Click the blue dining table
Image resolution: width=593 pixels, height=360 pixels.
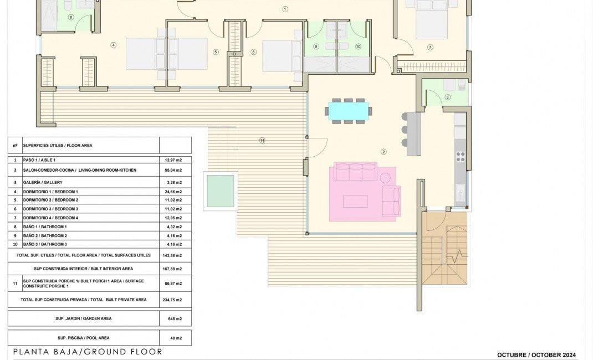347,110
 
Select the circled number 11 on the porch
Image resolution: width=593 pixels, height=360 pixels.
262,140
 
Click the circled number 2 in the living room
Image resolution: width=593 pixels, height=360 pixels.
383,151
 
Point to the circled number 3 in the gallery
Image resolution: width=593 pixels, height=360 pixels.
447,97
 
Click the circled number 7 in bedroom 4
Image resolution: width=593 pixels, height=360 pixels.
430,47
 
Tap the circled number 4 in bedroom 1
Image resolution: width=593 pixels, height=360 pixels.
113,45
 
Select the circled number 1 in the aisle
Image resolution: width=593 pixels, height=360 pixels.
285,9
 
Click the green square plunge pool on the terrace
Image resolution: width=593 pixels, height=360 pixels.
220,191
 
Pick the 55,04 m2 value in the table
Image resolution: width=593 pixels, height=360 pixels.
175,170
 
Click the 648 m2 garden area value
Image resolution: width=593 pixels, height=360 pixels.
175,318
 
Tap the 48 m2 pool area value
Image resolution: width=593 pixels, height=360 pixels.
175,337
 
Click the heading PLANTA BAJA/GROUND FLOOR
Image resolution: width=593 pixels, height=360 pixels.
88,352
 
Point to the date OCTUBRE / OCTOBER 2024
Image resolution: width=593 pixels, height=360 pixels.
536,355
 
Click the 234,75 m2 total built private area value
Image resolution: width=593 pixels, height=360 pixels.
175,300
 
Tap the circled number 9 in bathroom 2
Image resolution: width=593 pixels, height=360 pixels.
316,47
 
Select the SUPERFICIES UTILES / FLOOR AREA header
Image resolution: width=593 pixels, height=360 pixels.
58,146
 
